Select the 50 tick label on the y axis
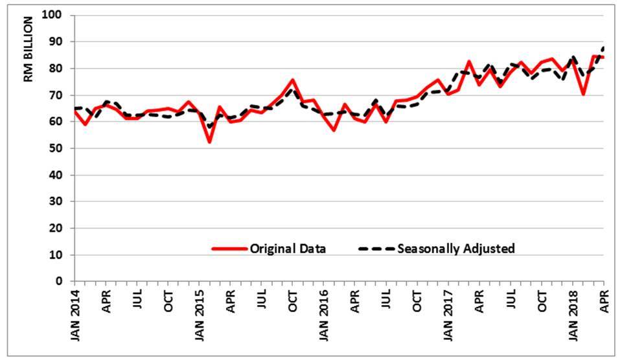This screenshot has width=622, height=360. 60,148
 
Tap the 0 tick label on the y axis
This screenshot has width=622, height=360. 62,282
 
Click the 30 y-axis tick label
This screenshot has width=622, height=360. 60,202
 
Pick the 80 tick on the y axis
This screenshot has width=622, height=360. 60,69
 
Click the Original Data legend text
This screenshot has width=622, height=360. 288,249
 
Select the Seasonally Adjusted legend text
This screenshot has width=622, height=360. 456,249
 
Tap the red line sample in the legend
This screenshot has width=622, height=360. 229,249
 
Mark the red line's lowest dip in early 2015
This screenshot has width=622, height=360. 209,142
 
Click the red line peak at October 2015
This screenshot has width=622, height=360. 293,80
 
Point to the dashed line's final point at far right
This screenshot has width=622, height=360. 604,47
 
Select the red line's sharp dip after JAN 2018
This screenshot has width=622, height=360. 584,94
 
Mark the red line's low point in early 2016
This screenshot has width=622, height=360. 334,130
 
